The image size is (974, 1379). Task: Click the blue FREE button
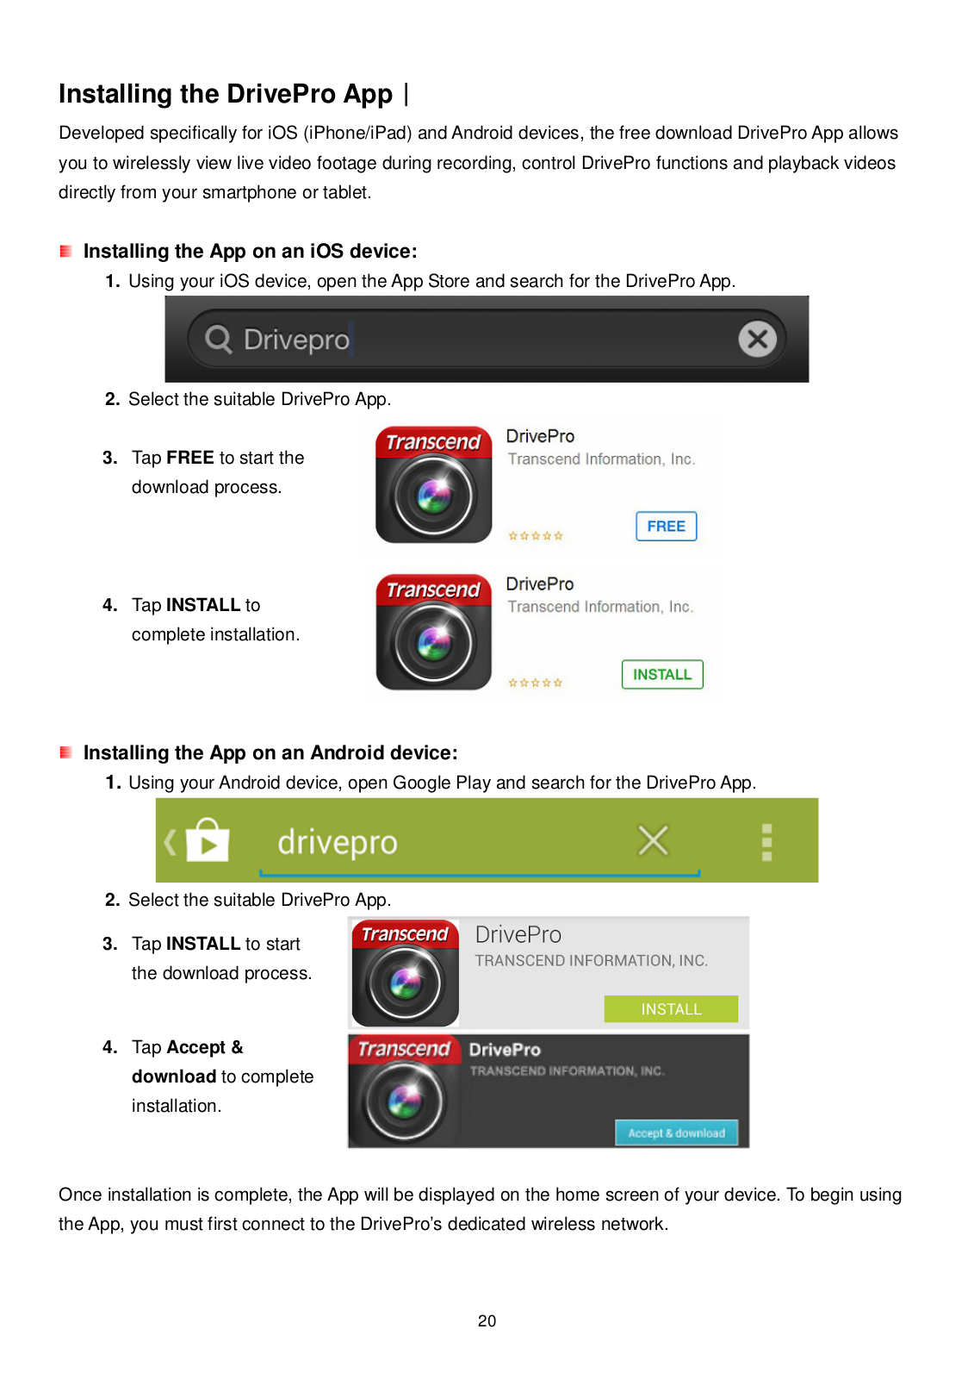tap(666, 527)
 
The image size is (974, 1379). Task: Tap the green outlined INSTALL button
tap(662, 674)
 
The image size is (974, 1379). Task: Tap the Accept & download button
tap(676, 1133)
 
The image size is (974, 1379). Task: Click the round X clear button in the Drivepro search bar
tap(757, 339)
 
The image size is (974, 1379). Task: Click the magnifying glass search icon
tap(219, 340)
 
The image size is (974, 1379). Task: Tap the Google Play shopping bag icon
tap(208, 839)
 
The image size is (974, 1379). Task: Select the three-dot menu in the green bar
tap(766, 842)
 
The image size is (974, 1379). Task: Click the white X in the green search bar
tap(653, 841)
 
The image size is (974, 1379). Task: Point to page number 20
tap(487, 1320)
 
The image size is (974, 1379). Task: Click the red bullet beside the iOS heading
tap(65, 251)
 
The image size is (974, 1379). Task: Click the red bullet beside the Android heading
tap(65, 752)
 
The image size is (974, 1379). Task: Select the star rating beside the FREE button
tap(536, 535)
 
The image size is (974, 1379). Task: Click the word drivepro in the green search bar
tap(338, 843)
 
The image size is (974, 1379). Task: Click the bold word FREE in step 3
tap(190, 458)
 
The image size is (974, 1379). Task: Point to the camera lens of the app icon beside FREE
tap(434, 496)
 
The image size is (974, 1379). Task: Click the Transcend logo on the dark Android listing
tap(404, 1048)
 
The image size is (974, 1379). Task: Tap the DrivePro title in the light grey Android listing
tap(518, 934)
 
